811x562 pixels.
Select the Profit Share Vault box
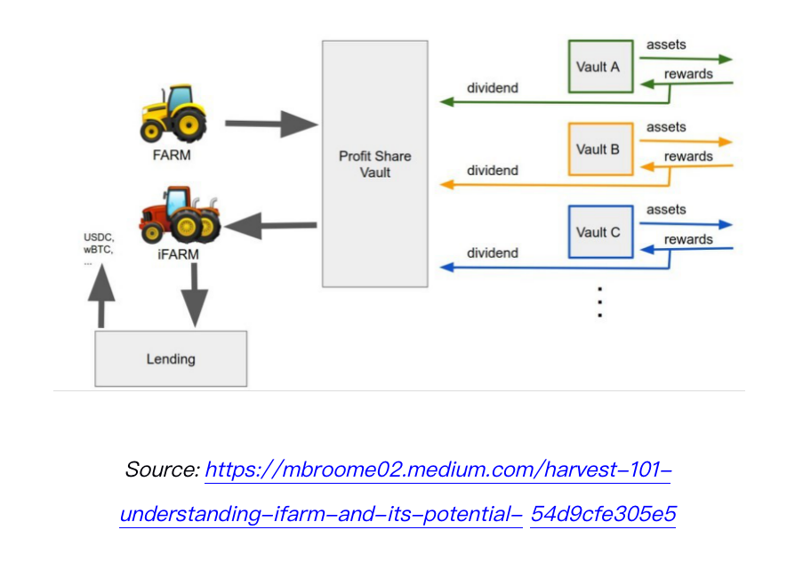tap(374, 164)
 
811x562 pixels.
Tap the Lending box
tap(171, 358)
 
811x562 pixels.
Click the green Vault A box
tap(600, 67)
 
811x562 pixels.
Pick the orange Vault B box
tap(600, 149)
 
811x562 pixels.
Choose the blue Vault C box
tap(600, 231)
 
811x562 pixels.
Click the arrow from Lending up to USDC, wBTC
tap(103, 297)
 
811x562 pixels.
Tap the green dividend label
tap(493, 88)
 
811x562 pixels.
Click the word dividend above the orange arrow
tap(493, 170)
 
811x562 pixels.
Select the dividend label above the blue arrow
tap(493, 253)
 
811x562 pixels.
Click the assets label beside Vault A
tap(666, 44)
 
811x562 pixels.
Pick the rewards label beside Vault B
tap(688, 157)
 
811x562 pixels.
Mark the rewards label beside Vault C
tap(688, 239)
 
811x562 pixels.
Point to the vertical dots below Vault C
tap(600, 302)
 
